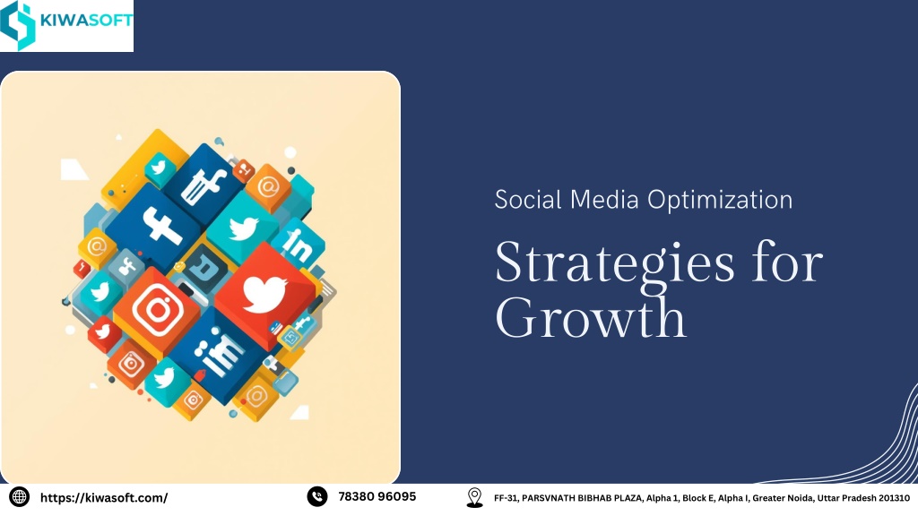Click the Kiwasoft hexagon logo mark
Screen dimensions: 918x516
[x=18, y=25]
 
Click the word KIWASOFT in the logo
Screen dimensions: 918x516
[x=86, y=21]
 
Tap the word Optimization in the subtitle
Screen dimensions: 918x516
[x=720, y=201]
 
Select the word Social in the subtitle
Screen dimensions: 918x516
[x=528, y=200]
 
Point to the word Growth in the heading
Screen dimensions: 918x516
[x=590, y=317]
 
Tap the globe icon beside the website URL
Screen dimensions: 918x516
[x=20, y=497]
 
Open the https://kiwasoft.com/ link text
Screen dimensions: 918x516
[x=104, y=498]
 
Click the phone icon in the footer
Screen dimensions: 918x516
[x=317, y=496]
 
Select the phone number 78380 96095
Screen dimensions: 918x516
[x=377, y=496]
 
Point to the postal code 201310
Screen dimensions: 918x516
[x=894, y=498]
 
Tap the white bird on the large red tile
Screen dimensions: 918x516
[x=264, y=294]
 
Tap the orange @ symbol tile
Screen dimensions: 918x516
[x=267, y=188]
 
